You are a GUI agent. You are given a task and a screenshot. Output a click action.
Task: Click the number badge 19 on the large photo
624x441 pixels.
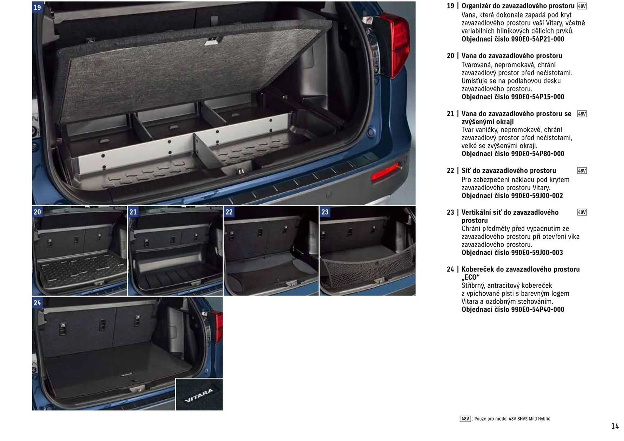[37, 7]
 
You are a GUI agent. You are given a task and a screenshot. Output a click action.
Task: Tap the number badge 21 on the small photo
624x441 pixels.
[133, 212]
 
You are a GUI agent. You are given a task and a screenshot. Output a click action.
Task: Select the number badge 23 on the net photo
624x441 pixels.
[325, 212]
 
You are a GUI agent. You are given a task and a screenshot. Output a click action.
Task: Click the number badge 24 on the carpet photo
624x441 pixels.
[37, 303]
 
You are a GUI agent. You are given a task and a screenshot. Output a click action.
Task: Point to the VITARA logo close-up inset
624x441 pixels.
[199, 395]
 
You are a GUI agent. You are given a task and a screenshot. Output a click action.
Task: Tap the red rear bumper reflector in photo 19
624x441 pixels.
[385, 171]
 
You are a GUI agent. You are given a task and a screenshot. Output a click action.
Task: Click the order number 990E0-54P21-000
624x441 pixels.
[513, 39]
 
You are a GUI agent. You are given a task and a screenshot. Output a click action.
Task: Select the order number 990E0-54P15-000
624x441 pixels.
[513, 97]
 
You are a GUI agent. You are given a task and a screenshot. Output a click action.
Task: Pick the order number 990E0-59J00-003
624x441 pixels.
[512, 253]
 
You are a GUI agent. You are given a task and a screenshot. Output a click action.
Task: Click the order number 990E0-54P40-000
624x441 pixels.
[513, 310]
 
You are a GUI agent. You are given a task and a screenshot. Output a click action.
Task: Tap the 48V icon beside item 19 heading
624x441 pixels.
[582, 6]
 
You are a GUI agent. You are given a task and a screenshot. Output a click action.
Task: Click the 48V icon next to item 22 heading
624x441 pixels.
[582, 171]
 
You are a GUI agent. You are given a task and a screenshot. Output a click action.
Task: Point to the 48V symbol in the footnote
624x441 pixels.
[465, 419]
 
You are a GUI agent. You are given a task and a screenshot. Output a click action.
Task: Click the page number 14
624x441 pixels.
[615, 426]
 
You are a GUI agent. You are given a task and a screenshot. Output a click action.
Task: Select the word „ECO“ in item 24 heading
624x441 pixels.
[470, 277]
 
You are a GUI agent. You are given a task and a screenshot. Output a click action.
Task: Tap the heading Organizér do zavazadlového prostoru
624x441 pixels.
[518, 6]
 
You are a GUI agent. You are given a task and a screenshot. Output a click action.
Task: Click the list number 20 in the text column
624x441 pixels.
[450, 56]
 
